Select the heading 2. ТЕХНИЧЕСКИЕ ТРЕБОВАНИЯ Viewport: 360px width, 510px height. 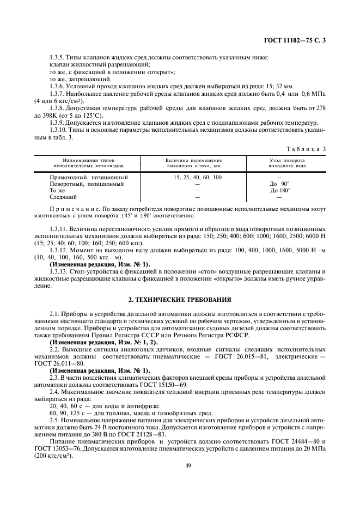point(180,300)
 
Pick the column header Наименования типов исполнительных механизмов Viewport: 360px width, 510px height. point(89,162)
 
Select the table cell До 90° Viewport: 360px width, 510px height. point(279,184)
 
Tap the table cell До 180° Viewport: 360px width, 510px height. point(280,191)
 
